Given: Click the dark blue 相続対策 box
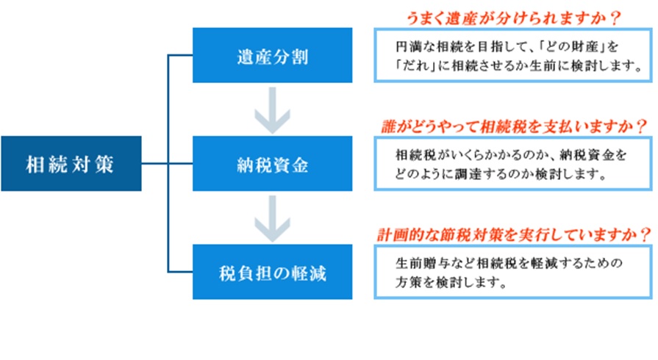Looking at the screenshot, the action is tap(71, 164).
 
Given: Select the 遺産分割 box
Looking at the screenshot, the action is tap(272, 55).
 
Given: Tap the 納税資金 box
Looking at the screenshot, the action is tap(272, 164).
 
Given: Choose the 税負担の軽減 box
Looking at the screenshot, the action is tap(272, 272).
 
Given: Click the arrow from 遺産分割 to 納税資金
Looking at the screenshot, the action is tap(272, 110).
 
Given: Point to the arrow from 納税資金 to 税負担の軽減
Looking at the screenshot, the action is tap(272, 219).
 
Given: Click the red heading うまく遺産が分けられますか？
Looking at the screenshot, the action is tap(513, 18).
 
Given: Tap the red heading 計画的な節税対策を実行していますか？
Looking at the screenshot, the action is tap(514, 234).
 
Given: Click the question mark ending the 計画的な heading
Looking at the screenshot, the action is tap(646, 234).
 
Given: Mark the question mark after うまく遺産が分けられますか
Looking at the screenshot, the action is tap(615, 18).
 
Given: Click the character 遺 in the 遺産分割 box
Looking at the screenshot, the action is tap(246, 57).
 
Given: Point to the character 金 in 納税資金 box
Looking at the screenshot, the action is tap(300, 165).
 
